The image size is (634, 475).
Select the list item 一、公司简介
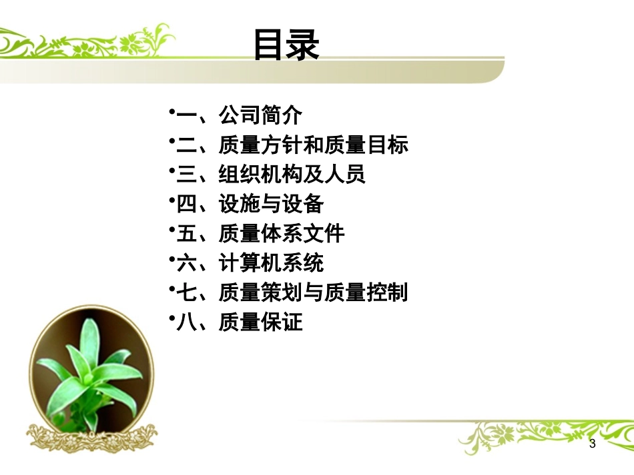point(237,115)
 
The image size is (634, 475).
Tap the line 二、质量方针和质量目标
point(290,145)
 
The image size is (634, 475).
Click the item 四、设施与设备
point(248,204)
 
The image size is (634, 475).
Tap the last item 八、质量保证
point(237,322)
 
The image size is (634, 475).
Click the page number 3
point(592,444)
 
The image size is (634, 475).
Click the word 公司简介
point(260,115)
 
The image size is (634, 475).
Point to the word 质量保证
point(260,322)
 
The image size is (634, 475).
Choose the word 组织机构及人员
point(292,175)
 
